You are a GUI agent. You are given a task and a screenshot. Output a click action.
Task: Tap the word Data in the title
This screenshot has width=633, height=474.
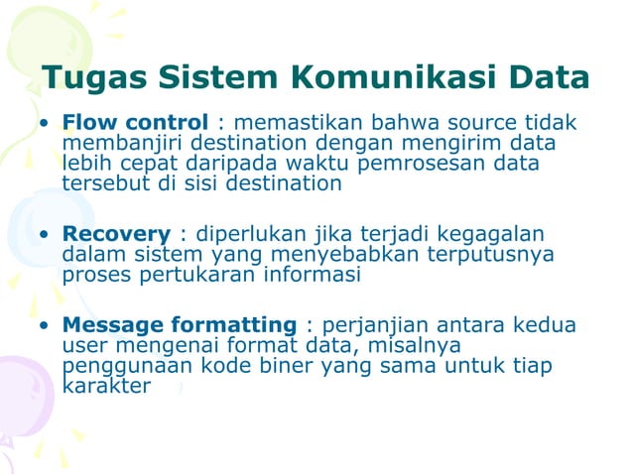[545, 77]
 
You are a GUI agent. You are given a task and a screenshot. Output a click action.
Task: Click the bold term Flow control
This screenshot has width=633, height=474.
[135, 124]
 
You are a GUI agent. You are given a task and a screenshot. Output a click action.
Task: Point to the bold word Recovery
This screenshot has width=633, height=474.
[116, 234]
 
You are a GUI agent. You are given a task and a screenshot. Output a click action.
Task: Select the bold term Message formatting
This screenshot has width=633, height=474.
[179, 325]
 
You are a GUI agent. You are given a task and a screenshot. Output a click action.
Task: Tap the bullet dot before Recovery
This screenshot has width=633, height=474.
[44, 236]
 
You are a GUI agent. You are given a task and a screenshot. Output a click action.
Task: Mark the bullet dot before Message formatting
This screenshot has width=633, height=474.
[44, 327]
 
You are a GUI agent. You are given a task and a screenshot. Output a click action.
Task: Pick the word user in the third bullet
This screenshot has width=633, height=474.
[84, 346]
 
